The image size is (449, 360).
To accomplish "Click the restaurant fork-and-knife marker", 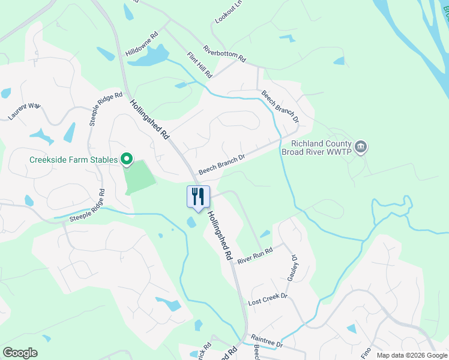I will (198, 196).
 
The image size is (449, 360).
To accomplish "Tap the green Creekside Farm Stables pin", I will (127, 159).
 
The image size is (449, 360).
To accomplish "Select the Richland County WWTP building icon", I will (361, 147).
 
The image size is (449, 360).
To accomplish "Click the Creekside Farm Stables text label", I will (74, 160).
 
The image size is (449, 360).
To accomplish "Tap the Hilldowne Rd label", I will (142, 45).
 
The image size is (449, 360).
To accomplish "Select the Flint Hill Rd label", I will (199, 65).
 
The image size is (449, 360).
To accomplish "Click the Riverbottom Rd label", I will (224, 54).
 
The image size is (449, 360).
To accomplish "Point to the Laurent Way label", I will (24, 111).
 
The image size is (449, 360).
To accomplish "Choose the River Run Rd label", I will (255, 256).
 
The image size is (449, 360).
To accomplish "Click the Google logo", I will (20, 353).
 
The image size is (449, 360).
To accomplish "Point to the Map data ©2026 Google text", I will (411, 355).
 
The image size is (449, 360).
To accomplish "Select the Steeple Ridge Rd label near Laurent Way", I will (97, 109).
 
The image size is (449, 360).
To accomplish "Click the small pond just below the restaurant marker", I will (191, 223).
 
